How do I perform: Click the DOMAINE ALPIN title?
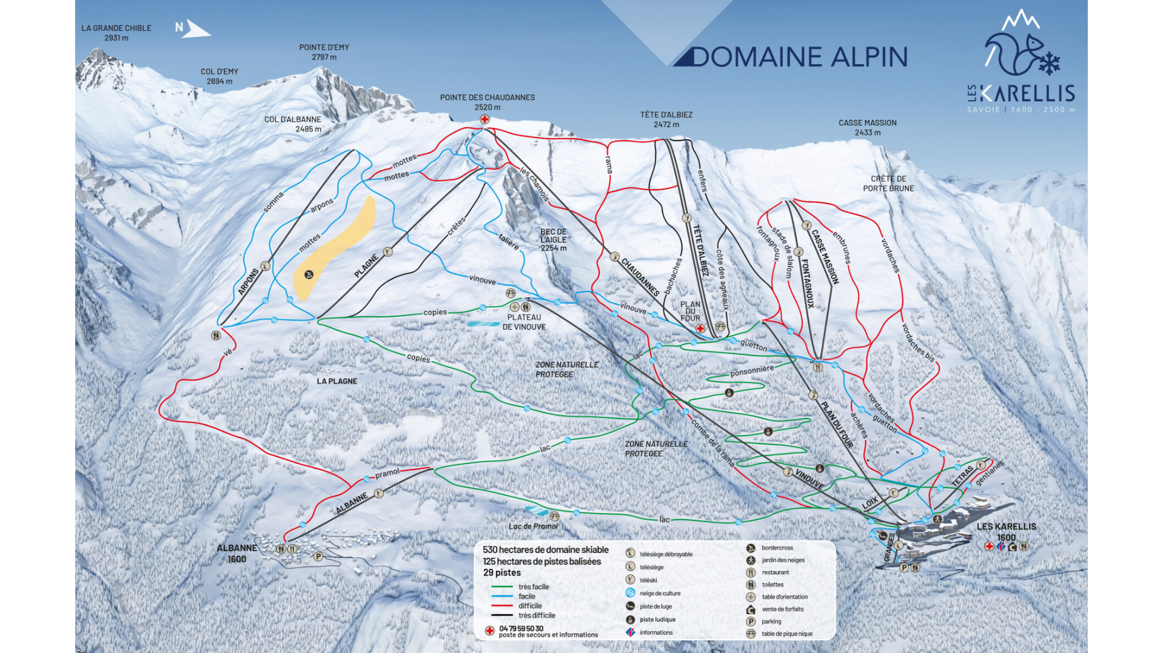tap(799, 57)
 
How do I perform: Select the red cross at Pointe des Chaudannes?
tap(484, 119)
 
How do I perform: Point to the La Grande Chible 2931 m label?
tap(116, 33)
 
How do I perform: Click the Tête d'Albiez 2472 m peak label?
tap(666, 119)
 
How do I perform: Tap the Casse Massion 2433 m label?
tap(867, 127)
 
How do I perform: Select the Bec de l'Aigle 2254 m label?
tap(553, 240)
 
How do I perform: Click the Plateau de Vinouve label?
tap(524, 322)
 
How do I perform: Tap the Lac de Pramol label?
tap(533, 526)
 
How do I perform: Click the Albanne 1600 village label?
tap(237, 553)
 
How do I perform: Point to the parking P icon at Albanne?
tap(318, 556)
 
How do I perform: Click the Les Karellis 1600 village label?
tap(1006, 531)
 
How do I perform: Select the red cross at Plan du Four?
tap(700, 328)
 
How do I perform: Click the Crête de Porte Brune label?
tap(888, 184)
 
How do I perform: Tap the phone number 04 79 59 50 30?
tap(521, 628)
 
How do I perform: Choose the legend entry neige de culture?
tap(660, 594)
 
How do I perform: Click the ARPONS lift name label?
tap(248, 282)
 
